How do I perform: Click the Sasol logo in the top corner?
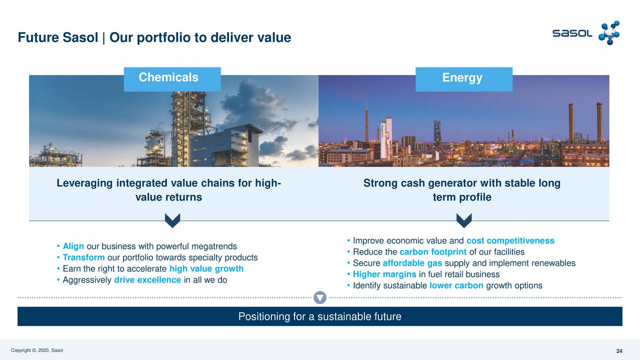point(585,33)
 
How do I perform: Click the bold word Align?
point(73,246)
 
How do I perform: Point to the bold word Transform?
point(83,257)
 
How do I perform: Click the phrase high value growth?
point(206,268)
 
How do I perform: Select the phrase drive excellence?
point(147,279)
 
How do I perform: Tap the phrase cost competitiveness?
point(510,241)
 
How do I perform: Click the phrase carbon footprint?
point(433,252)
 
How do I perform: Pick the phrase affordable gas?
point(412,263)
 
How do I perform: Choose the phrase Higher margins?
point(384,274)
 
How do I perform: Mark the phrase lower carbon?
point(456,285)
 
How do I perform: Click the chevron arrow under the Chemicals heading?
point(172,220)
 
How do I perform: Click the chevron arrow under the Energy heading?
point(464,220)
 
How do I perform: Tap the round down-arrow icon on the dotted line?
point(320,297)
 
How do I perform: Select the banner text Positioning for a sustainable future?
point(319,316)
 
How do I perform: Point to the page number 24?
point(619,351)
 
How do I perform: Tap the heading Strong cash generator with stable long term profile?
point(461,190)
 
